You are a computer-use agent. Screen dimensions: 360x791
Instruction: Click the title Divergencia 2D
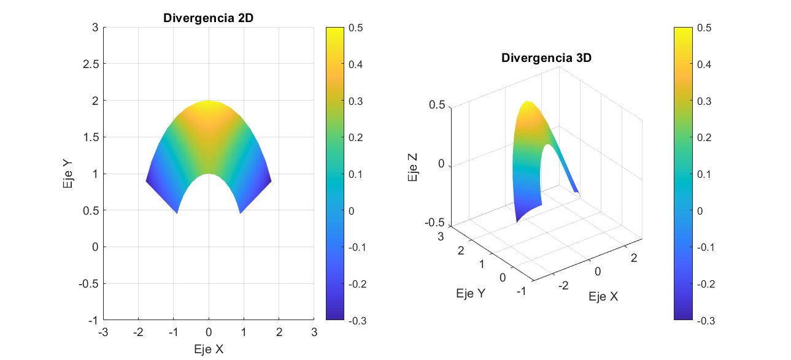pos(208,18)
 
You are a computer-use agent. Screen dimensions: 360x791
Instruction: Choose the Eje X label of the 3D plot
pos(603,297)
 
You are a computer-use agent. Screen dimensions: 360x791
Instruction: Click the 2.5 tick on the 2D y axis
pos(90,64)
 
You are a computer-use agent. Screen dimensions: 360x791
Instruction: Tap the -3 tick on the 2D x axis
pos(103,332)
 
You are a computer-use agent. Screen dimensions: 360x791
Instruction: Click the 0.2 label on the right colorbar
pos(707,137)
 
